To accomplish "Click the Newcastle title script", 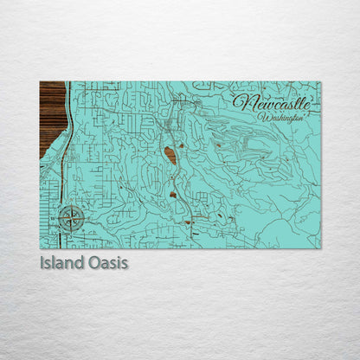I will (271, 102).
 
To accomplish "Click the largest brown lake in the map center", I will (170, 156).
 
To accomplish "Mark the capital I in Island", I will (42, 261).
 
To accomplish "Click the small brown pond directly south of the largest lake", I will (173, 195).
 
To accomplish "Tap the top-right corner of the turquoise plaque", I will (319, 82).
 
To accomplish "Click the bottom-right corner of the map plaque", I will (319, 247).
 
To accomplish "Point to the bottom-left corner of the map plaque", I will (41, 247).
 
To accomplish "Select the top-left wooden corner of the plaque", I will (41, 82).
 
